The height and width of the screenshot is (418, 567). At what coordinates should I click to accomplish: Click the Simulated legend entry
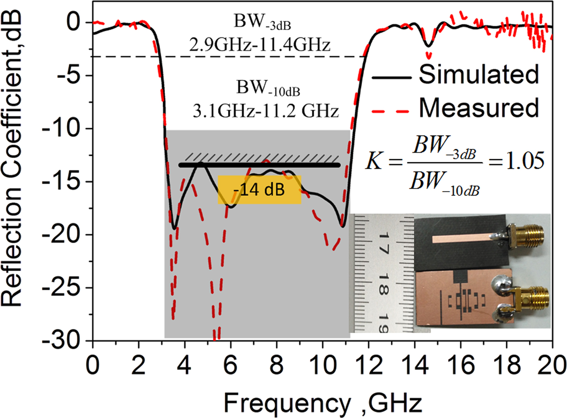[x=478, y=74]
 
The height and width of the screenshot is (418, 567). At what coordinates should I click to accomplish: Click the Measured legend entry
[x=478, y=108]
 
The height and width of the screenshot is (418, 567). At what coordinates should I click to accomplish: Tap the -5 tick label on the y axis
[x=68, y=75]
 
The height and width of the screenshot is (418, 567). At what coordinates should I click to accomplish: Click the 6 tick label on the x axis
[x=230, y=365]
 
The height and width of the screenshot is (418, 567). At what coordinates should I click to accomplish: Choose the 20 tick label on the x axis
[x=552, y=365]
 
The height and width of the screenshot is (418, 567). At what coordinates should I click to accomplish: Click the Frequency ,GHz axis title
[x=323, y=403]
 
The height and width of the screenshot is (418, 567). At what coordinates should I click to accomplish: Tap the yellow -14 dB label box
[x=259, y=189]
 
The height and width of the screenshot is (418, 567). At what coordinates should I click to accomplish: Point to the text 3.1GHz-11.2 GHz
[x=265, y=110]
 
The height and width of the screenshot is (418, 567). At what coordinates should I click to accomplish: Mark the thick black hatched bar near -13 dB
[x=259, y=165]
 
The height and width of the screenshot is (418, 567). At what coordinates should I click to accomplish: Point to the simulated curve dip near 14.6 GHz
[x=428, y=46]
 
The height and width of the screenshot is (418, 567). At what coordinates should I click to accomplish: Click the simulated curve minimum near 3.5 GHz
[x=174, y=229]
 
